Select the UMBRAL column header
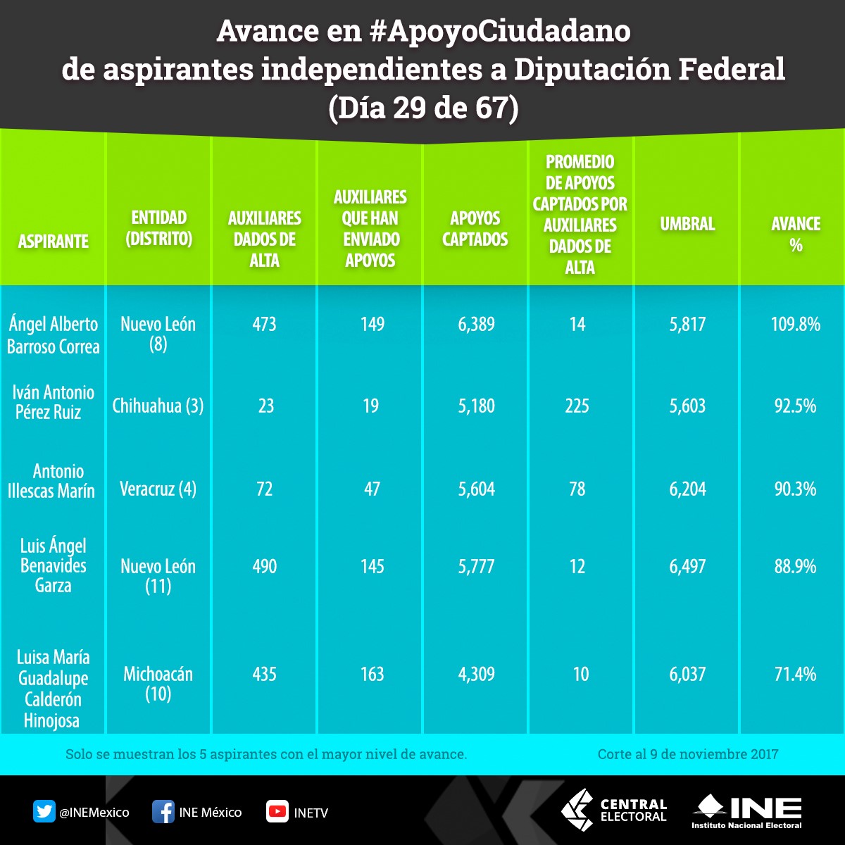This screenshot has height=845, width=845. (687, 224)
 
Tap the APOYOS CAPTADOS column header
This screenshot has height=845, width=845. (475, 228)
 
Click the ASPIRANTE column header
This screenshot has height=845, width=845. (53, 242)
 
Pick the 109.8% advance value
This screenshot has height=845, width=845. (796, 325)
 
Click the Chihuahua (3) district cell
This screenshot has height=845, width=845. (158, 406)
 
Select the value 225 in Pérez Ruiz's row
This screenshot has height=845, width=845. (577, 406)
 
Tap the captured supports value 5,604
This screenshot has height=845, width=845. (477, 489)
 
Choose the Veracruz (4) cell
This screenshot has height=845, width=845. (158, 489)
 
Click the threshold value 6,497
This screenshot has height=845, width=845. (687, 567)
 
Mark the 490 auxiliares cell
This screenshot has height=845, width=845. (265, 567)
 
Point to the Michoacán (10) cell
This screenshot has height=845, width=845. (158, 684)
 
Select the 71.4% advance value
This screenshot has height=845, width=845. (796, 675)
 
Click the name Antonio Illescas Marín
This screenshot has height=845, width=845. (51, 481)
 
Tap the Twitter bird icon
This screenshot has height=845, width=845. (44, 812)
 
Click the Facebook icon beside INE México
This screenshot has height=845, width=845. (163, 812)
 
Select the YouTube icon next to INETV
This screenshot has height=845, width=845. (277, 812)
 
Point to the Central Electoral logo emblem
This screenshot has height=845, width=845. (577, 810)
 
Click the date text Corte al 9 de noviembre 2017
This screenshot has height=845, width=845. (688, 754)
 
